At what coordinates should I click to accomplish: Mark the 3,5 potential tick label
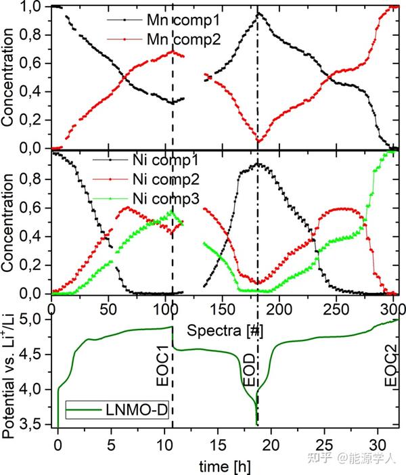34,424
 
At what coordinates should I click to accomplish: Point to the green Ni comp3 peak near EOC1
171,212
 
